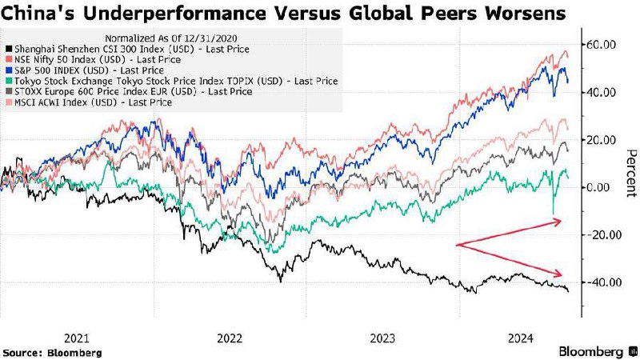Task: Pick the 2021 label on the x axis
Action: click(77, 338)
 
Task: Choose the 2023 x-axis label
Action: click(382, 338)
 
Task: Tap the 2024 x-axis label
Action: click(521, 338)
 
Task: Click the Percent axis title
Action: click(631, 173)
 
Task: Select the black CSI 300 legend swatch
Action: click(9, 50)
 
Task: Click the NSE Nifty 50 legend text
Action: click(98, 59)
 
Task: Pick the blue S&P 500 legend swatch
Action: click(9, 70)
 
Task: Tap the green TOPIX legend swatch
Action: click(9, 82)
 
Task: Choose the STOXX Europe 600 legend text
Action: click(134, 91)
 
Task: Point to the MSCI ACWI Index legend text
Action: click(94, 102)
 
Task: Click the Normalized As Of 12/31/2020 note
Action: click(171, 38)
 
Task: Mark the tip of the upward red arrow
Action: click(562, 221)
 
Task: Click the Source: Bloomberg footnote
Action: click(52, 353)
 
